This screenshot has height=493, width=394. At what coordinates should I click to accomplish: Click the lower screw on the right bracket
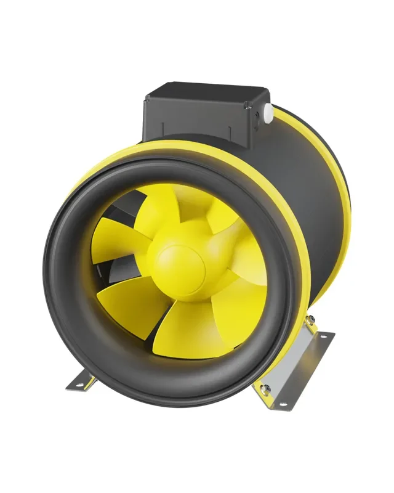(266, 388)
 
